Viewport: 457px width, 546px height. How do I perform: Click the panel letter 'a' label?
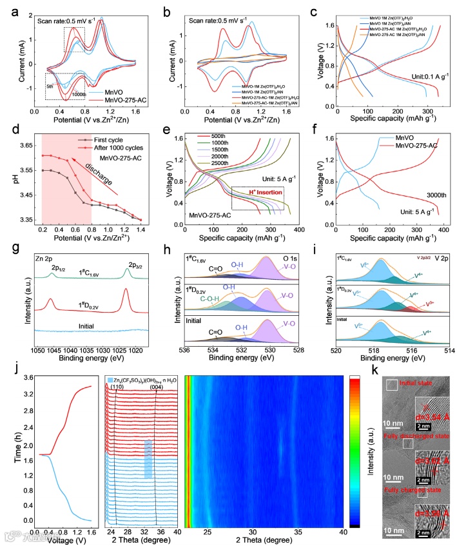[8, 9]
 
